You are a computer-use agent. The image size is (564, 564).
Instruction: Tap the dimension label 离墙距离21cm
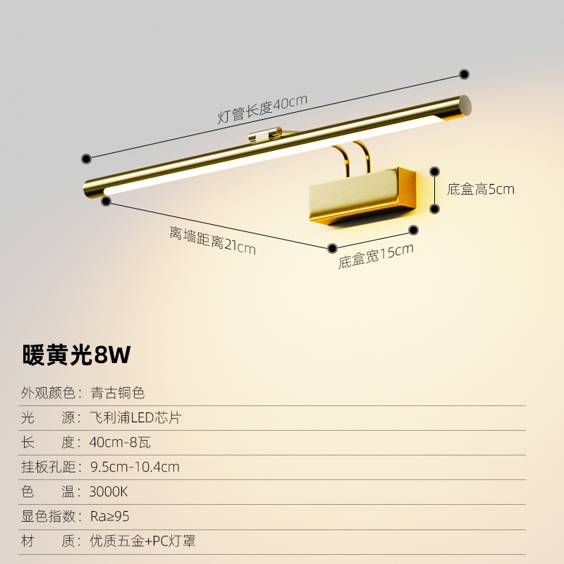coord(211,240)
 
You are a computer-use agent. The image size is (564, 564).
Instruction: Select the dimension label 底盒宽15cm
coord(375,255)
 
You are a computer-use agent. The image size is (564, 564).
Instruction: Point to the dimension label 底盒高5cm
coord(481,189)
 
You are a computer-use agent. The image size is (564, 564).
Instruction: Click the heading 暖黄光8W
coord(77,355)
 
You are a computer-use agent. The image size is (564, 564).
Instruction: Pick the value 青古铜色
coord(118,393)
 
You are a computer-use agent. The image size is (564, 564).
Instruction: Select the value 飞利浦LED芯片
coord(136,417)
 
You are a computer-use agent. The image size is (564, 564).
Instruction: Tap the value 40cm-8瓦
coord(121,442)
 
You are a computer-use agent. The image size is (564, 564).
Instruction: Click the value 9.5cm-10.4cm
coord(135,467)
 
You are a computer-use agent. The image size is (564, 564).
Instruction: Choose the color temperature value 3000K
coord(109,491)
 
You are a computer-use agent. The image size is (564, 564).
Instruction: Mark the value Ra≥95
coord(111,516)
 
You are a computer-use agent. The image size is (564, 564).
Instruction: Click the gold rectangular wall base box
coord(363,195)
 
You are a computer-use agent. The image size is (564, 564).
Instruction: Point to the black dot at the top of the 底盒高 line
coord(435,171)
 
